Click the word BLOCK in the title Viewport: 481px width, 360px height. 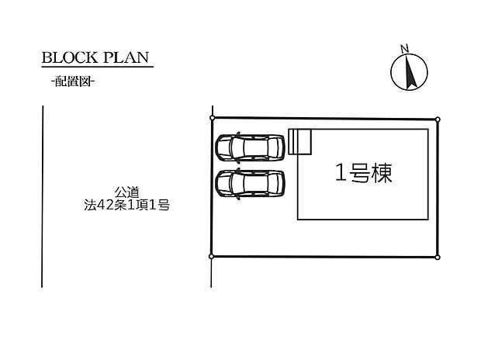(69, 57)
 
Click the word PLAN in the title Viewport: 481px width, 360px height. (126, 57)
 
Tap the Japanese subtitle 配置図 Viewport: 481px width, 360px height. (73, 81)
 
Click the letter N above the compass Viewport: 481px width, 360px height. (405, 48)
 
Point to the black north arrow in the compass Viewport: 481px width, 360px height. (410, 72)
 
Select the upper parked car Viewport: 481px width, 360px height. (250, 147)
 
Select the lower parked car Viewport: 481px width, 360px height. (250, 184)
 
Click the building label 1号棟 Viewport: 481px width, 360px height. (364, 173)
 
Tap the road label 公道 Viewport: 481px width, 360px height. (127, 192)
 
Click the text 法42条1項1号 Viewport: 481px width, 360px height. (127, 205)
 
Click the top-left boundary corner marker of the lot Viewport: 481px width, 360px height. (212, 118)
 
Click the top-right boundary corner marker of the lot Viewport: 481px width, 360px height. (438, 119)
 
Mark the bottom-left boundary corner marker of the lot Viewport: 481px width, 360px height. (211, 256)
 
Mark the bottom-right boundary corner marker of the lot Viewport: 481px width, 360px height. (438, 257)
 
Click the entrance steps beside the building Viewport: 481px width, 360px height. (300, 141)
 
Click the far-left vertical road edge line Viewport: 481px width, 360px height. (43, 196)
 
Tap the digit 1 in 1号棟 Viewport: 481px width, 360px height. (341, 173)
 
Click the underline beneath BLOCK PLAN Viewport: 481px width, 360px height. (98, 66)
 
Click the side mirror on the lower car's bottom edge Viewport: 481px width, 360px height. (239, 197)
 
